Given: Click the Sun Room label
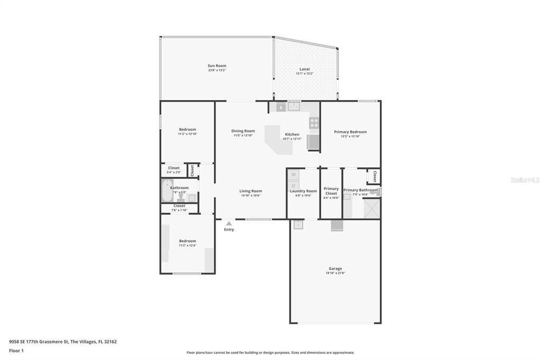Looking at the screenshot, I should [x=217, y=66].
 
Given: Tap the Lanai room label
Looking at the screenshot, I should [x=305, y=69].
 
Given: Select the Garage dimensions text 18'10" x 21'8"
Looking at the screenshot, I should [x=335, y=273].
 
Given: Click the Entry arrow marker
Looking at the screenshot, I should [x=229, y=223].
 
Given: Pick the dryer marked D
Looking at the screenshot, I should [x=294, y=185].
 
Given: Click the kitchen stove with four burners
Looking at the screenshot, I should [x=314, y=123].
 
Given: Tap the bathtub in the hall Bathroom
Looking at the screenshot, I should [x=167, y=191].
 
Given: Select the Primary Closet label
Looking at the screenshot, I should [x=331, y=191].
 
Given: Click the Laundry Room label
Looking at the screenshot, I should [x=303, y=191].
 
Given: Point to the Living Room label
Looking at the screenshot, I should [x=250, y=191].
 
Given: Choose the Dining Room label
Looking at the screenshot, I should [x=243, y=131].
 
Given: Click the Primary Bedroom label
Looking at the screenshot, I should [x=350, y=132].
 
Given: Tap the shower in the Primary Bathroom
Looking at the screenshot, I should [x=371, y=209].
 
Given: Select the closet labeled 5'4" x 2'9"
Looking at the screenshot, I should [x=174, y=170].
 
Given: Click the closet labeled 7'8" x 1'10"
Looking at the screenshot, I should [x=179, y=208].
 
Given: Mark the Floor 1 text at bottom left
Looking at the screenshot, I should [x=16, y=350].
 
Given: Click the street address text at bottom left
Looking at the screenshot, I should [x=63, y=342].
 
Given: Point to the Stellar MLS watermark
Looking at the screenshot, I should [x=525, y=180].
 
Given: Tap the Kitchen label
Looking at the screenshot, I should [x=292, y=134].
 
